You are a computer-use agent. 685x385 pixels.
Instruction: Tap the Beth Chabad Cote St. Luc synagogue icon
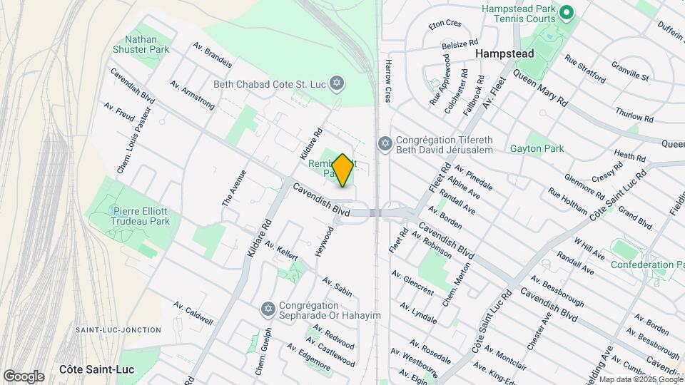(x=338, y=84)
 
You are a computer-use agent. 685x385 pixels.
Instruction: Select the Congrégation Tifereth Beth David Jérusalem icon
(x=385, y=145)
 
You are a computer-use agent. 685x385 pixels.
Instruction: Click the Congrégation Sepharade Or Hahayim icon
(x=268, y=309)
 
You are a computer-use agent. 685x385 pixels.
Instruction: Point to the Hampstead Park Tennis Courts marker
(x=567, y=13)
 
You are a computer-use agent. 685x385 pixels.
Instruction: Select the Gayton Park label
(x=537, y=149)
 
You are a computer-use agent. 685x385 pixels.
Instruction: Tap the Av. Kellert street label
(x=280, y=250)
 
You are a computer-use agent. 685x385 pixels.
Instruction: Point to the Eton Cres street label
(x=445, y=24)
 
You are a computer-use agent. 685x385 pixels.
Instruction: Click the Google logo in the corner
(x=24, y=376)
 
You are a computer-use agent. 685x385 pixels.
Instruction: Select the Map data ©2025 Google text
(x=641, y=379)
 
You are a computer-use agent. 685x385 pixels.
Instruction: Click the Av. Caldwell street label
(x=193, y=313)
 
